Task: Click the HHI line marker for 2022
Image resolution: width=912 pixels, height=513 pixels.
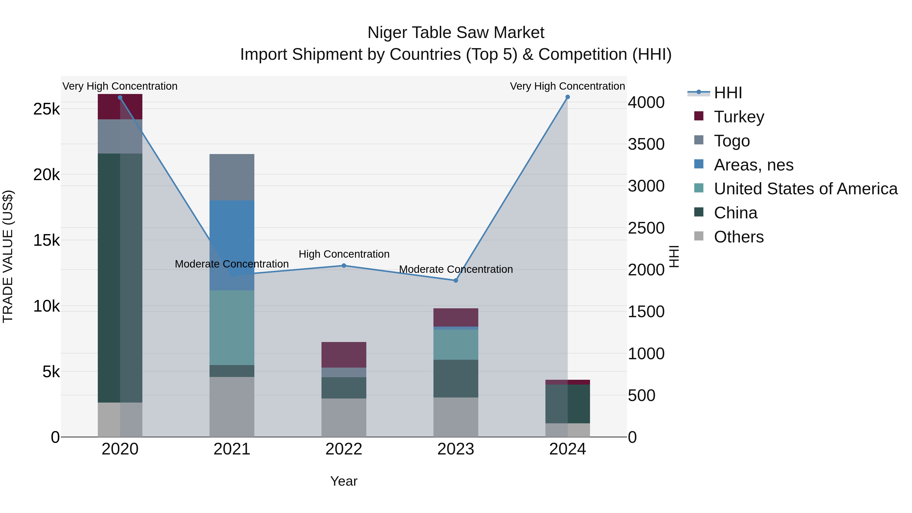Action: (344, 265)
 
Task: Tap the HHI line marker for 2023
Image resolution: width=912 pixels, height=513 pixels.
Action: (456, 280)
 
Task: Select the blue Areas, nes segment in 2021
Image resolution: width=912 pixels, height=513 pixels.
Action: (232, 245)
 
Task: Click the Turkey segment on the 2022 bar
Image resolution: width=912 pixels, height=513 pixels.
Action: (344, 354)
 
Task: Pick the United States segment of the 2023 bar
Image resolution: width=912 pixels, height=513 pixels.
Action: (456, 345)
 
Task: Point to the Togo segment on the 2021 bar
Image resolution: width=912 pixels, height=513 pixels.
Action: (232, 177)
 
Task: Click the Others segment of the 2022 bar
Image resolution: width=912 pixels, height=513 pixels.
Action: (344, 417)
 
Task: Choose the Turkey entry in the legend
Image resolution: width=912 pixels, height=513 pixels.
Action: (739, 117)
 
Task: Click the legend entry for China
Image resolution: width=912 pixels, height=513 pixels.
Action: (735, 213)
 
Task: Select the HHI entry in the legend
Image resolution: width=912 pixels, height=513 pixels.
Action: (728, 93)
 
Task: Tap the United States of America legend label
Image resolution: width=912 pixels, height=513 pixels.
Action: (805, 189)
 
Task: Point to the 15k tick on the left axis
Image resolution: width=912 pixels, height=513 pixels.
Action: (46, 240)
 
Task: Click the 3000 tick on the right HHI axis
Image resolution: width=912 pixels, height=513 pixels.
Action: (646, 186)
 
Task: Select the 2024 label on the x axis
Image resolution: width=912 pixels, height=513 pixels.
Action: (567, 449)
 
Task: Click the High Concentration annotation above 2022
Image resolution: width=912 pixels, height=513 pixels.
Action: (344, 254)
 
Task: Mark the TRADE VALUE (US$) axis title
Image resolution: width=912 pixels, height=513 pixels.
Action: (8, 256)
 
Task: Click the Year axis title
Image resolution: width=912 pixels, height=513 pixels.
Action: (344, 481)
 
